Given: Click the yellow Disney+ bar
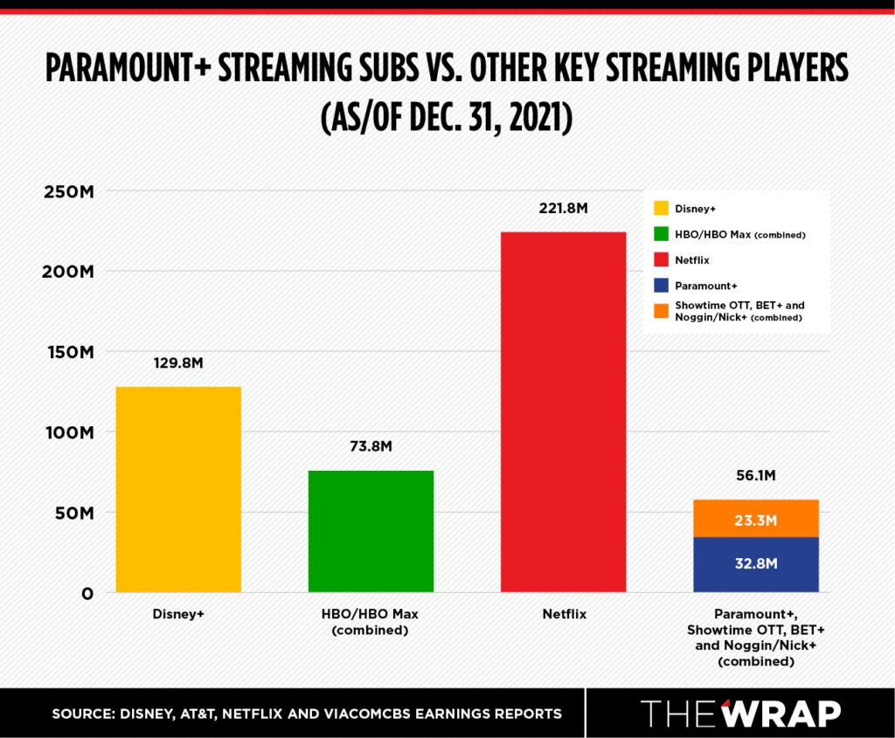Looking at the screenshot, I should click(178, 489).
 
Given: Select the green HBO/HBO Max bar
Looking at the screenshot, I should click(371, 531).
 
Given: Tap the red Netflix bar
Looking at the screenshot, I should click(563, 411).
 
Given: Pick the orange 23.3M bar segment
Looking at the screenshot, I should click(755, 519).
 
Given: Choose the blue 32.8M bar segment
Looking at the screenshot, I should click(755, 564).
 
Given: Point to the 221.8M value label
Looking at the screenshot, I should click(563, 209).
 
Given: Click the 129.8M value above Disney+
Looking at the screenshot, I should click(178, 362).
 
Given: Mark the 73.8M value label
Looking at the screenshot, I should click(371, 446).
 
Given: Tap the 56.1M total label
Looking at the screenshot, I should click(755, 476).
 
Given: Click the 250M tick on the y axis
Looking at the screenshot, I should click(68, 191).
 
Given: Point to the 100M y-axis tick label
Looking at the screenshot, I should click(68, 432).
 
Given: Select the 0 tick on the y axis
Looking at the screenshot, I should click(87, 594).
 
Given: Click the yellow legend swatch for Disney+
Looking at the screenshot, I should click(661, 209).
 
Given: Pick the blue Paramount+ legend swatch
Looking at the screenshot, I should click(661, 285).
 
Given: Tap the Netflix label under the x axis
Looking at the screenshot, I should click(563, 614).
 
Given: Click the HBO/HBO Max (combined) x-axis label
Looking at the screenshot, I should click(371, 622).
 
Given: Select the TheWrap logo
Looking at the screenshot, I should click(741, 713).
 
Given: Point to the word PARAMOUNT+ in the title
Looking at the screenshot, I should click(121, 69).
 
